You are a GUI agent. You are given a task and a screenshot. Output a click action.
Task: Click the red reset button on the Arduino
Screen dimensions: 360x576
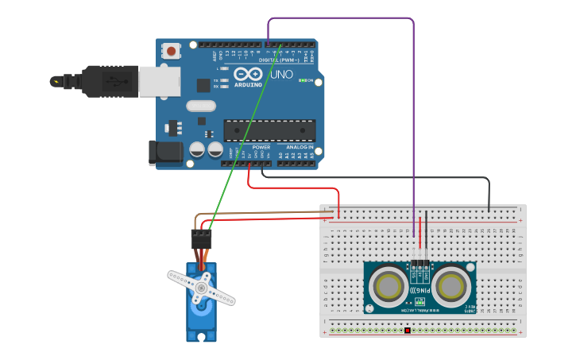coord(170,51)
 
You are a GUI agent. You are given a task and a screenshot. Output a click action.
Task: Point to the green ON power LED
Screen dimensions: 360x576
coord(302,80)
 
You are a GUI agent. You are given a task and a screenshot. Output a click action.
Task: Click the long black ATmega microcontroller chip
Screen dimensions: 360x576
coord(269,130)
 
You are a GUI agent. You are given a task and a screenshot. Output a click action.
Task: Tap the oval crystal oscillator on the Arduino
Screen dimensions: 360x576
coord(201,106)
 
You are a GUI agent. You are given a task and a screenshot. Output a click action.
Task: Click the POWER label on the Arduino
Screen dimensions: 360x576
coord(261,147)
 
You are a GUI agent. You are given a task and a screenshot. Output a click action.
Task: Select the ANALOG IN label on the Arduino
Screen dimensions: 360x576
coord(299,147)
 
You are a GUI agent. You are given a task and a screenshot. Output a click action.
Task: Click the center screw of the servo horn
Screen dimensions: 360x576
coord(202,287)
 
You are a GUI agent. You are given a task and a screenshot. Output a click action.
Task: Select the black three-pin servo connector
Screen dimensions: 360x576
coord(201,238)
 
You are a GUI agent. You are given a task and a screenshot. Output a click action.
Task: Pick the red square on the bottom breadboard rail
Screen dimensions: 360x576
coord(407,330)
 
